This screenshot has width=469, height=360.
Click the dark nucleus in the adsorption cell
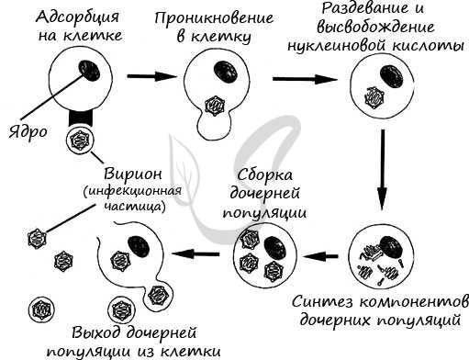[x=91, y=69]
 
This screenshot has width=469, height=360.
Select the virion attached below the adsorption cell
[x=79, y=141]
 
